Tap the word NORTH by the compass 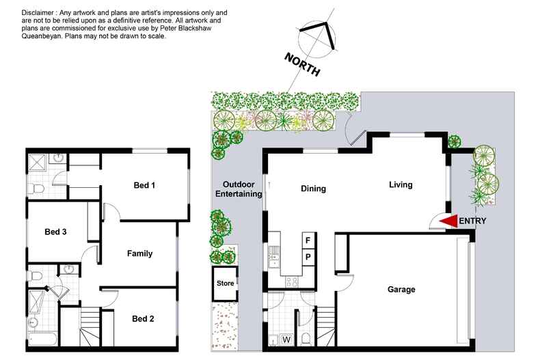tap(302, 64)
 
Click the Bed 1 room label tap(144, 185)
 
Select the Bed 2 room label tap(143, 319)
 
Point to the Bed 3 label tap(55, 232)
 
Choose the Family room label tap(140, 253)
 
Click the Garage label tap(401, 290)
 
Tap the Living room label tap(401, 185)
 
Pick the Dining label tap(313, 189)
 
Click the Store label tap(226, 283)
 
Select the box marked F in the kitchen tap(308, 240)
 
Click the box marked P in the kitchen tap(308, 257)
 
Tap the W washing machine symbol tap(286, 340)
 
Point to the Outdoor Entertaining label tap(239, 189)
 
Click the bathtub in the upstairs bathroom tap(42, 339)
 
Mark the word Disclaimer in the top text tap(38, 13)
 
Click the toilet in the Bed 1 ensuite tap(36, 189)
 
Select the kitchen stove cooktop tap(292, 282)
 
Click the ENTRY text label tap(472, 221)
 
